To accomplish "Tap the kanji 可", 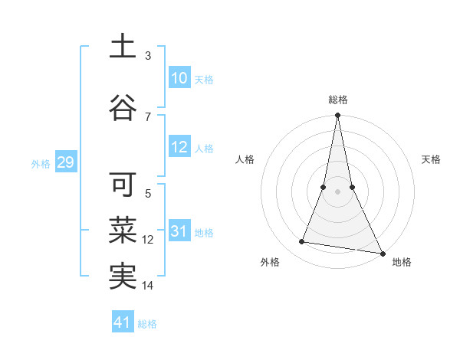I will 122,185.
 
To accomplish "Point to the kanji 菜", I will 122,229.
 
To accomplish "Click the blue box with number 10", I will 179,78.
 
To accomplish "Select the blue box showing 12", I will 179,148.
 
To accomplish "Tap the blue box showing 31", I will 179,232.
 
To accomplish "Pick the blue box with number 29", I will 65,162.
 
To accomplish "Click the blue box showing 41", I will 123,322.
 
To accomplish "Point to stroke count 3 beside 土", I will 148,55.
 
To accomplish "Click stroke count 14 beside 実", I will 148,286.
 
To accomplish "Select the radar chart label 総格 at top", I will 337,100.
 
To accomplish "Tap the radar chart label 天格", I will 431,159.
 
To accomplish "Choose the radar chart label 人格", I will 245,159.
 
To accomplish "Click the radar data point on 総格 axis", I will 337,116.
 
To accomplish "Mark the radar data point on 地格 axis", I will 382,252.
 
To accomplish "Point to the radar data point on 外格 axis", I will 302,242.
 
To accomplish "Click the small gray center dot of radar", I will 337,191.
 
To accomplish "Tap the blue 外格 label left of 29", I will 40,163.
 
